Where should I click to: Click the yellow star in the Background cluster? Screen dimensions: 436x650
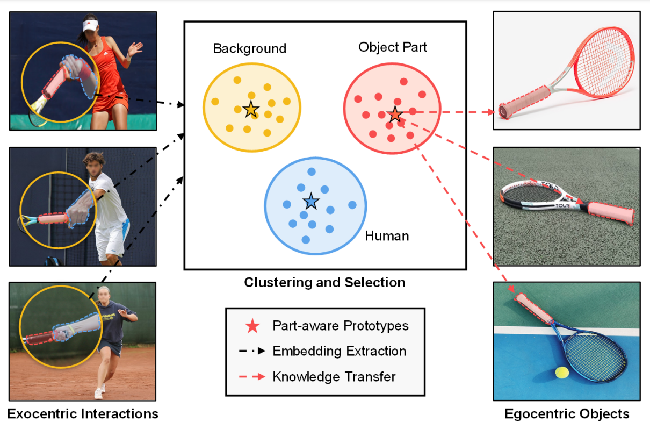tap(250, 109)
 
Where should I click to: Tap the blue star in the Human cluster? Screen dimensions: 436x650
tap(311, 202)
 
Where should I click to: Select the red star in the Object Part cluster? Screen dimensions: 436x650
tap(395, 114)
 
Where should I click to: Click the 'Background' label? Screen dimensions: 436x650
tap(250, 48)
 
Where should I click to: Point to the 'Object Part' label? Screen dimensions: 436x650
tap(393, 47)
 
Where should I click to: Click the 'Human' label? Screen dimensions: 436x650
tap(387, 235)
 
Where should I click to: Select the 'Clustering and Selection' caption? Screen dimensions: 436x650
tap(325, 282)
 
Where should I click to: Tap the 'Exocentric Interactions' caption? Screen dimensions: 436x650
tap(83, 413)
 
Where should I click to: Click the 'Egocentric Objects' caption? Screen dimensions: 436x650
tap(567, 413)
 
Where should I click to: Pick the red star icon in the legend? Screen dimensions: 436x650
tap(252, 326)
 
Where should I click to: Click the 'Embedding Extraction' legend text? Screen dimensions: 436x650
tap(340, 351)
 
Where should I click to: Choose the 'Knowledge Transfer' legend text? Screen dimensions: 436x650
tap(334, 376)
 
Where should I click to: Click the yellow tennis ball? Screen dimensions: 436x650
tap(562, 372)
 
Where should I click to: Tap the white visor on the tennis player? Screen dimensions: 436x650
tap(90, 24)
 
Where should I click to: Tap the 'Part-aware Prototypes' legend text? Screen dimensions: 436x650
tap(341, 326)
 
